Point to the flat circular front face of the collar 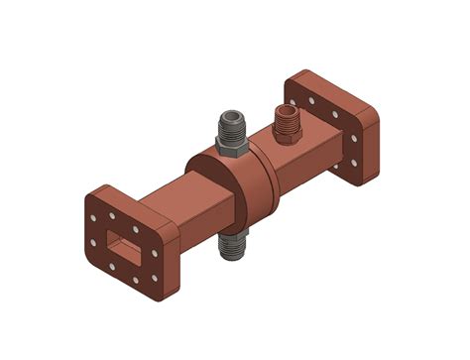tap(220, 193)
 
